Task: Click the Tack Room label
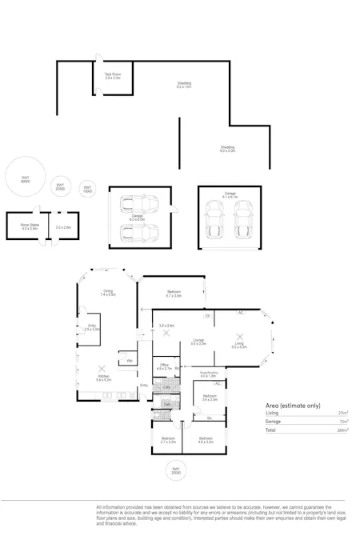[x=112, y=76]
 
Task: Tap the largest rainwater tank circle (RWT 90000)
[x=26, y=179]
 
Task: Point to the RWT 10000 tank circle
[x=88, y=190]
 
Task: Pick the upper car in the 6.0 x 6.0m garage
[x=138, y=203]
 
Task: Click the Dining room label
[x=108, y=293]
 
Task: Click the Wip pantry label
[x=129, y=361]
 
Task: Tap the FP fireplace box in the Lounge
[x=208, y=316]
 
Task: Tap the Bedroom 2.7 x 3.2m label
[x=167, y=439]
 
